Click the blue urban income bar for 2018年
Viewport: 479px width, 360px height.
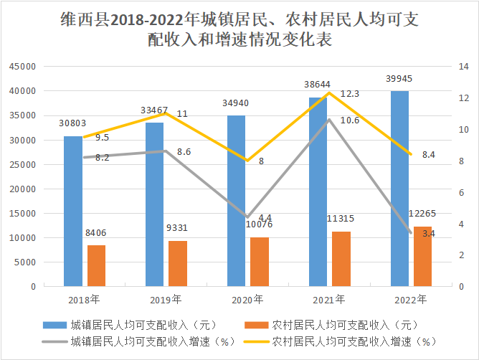72,211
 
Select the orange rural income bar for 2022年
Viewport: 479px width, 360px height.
423,256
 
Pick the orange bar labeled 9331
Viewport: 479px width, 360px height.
178,263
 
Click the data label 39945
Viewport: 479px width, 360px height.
399,78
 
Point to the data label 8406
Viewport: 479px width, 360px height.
96,232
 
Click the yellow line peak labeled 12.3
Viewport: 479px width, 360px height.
329,93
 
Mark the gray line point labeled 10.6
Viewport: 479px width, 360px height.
329,120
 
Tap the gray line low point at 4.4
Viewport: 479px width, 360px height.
247,217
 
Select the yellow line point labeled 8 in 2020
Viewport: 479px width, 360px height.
247,161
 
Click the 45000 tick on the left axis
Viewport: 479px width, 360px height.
22,67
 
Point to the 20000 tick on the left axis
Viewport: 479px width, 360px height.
22,189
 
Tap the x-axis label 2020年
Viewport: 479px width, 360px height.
248,299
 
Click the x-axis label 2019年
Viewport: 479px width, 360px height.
166,299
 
